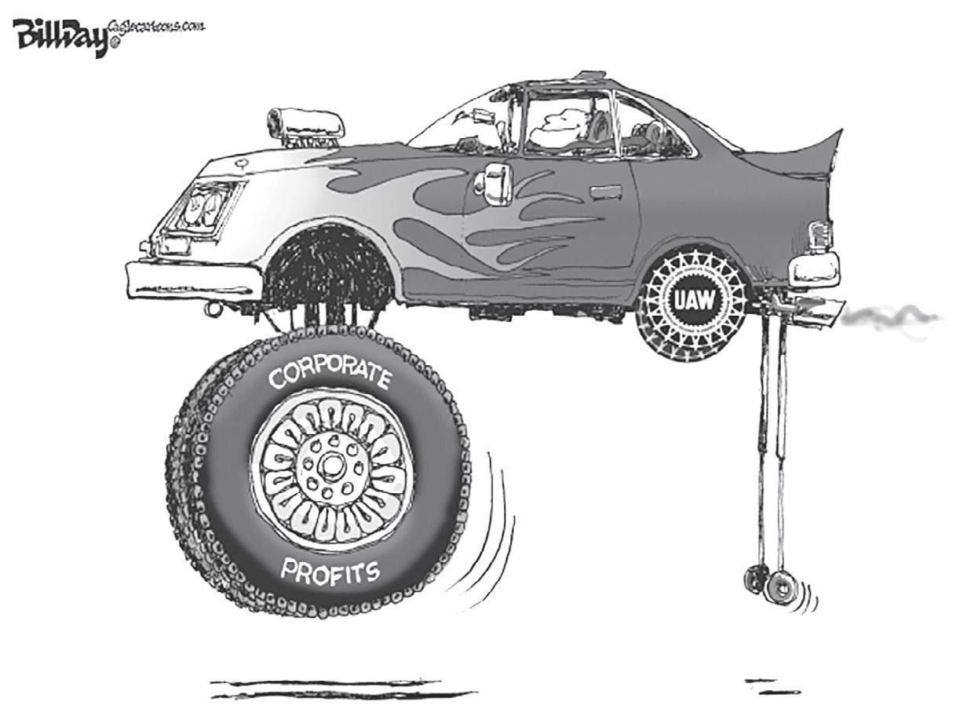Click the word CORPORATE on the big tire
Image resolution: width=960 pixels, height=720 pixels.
point(330,376)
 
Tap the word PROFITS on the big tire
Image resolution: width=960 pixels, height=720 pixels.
point(330,571)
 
